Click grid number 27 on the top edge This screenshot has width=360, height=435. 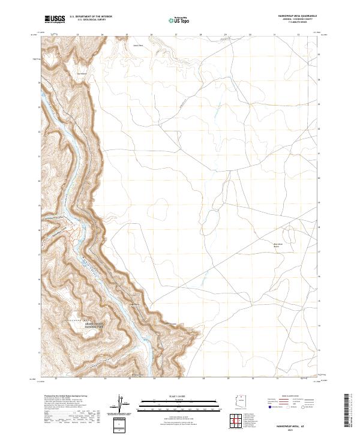pyautogui.click(x=176, y=35)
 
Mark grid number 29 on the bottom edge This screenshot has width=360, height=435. pyautogui.click(x=228, y=379)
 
